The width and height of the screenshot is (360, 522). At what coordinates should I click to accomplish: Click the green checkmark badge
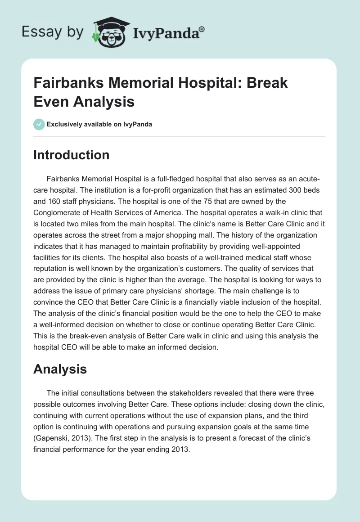[x=39, y=124]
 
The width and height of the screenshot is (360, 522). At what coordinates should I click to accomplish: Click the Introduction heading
[x=72, y=155]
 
